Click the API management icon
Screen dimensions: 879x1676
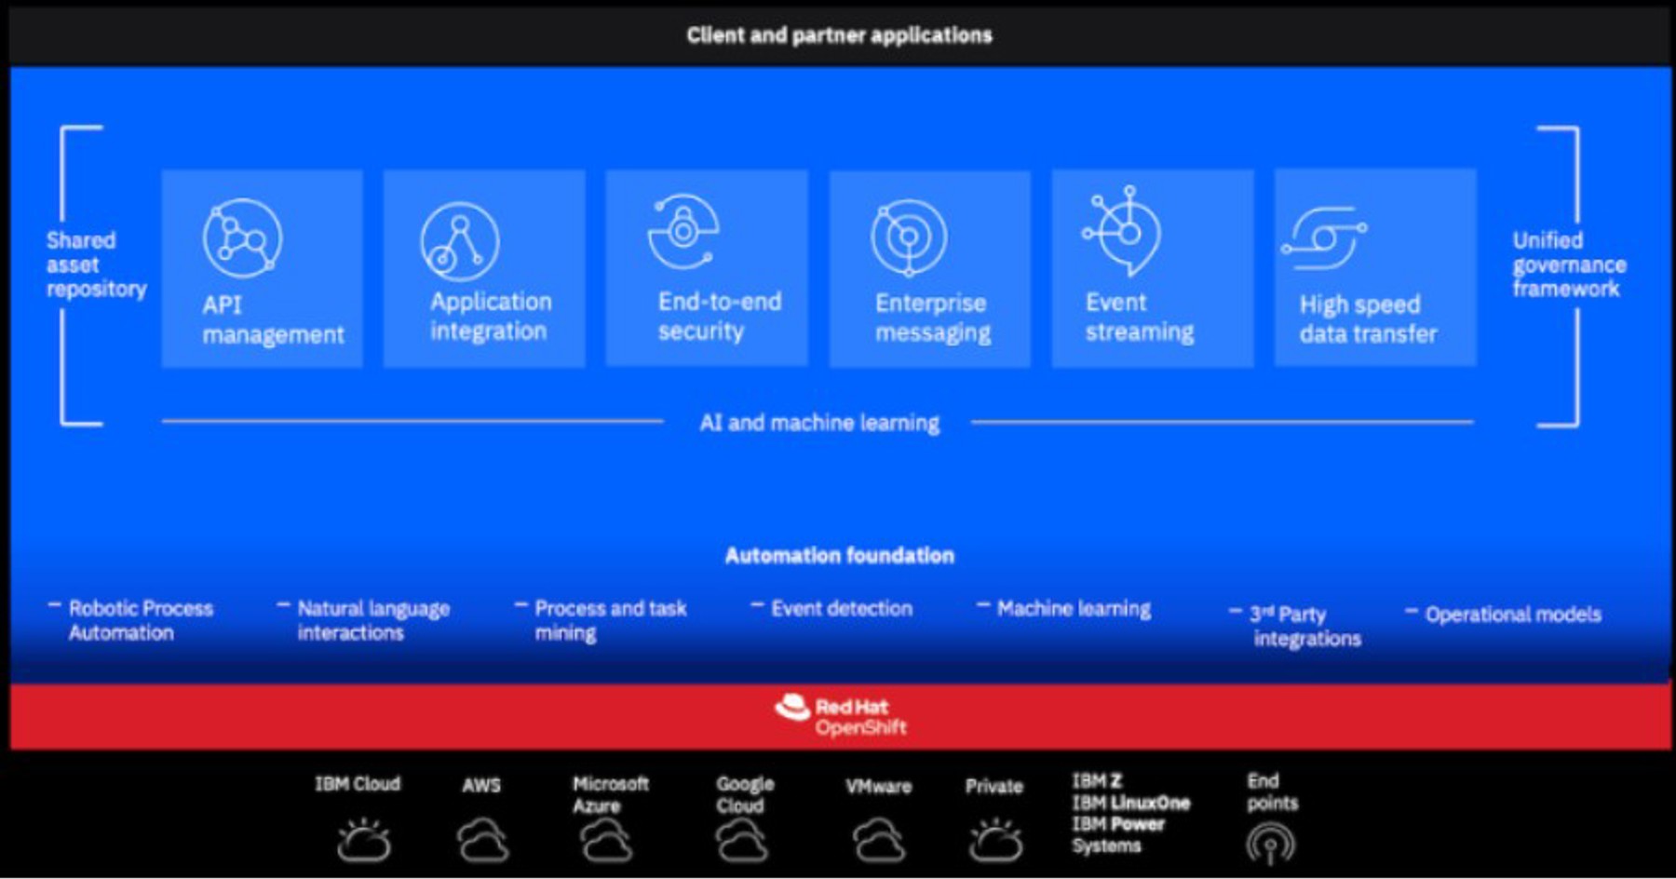tap(242, 238)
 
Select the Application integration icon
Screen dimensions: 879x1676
tap(459, 241)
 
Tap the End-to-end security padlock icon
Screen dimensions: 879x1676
tap(683, 231)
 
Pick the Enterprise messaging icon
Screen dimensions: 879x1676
tap(909, 237)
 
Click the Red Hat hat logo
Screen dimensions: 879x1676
tap(792, 709)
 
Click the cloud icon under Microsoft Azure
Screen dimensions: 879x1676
tap(606, 842)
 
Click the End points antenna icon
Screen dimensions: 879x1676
tap(1270, 844)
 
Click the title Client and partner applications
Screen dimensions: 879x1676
tap(839, 35)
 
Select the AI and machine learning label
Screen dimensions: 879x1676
tap(819, 423)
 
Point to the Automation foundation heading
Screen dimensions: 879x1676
tap(839, 556)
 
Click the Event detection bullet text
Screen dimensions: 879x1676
tap(841, 609)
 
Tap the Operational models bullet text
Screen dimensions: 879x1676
tap(1512, 615)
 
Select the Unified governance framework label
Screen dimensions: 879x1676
tap(1568, 264)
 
